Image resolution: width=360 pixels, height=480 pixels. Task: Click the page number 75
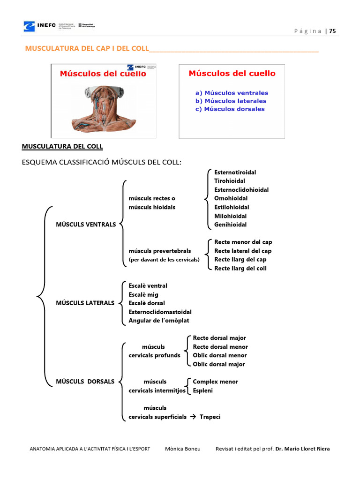pos(332,31)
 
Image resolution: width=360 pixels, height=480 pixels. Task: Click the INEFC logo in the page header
pos(40,26)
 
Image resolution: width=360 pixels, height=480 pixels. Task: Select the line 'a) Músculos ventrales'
pos(232,93)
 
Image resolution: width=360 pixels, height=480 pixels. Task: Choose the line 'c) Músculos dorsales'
pos(230,109)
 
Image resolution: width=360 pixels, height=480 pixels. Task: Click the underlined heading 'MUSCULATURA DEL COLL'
pos(62,147)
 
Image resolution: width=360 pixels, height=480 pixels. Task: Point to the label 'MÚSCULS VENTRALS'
pos(86,225)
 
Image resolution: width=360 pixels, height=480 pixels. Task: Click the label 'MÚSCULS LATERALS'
pos(85,303)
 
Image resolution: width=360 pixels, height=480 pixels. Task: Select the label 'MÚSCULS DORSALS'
pos(85,382)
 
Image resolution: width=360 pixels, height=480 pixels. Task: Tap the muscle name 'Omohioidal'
pos(231,198)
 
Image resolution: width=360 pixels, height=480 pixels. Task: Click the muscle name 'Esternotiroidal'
pos(235,172)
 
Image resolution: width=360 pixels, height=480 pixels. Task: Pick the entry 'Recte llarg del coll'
pos(240,268)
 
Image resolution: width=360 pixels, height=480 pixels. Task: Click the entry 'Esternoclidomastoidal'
pos(160,312)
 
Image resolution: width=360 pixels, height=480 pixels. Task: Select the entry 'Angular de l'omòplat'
pos(159,321)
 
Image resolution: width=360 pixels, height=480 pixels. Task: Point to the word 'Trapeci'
pos(210,417)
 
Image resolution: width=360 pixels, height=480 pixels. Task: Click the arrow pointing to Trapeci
pos(193,417)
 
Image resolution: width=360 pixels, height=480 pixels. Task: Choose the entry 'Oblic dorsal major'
pos(219,364)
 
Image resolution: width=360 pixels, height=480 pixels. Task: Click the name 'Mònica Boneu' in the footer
pos(183,449)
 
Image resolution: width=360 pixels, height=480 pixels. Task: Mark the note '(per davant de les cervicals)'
pos(164,260)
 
